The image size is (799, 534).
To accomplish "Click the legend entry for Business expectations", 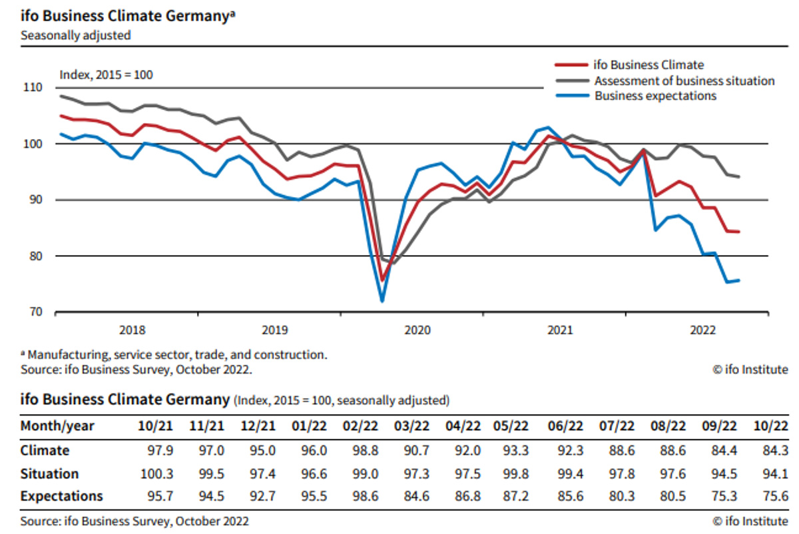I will pos(655,96).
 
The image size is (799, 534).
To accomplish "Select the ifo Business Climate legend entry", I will pos(649,65).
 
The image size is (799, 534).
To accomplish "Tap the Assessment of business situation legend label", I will pos(684,81).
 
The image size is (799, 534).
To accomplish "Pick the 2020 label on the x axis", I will pos(417,329).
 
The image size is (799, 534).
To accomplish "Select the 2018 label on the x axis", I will pos(132,329).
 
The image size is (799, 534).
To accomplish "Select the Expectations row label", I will pos(62,496).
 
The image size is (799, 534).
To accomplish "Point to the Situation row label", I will pos(49,473).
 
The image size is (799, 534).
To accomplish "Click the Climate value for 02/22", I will pos(365,450).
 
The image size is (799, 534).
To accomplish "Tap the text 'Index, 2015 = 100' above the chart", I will pos(107,74).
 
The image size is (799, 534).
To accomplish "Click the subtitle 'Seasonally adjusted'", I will pos(75,35).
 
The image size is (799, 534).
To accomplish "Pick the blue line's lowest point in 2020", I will pos(382,301).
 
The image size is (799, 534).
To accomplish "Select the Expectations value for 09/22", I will pos(723,496).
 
